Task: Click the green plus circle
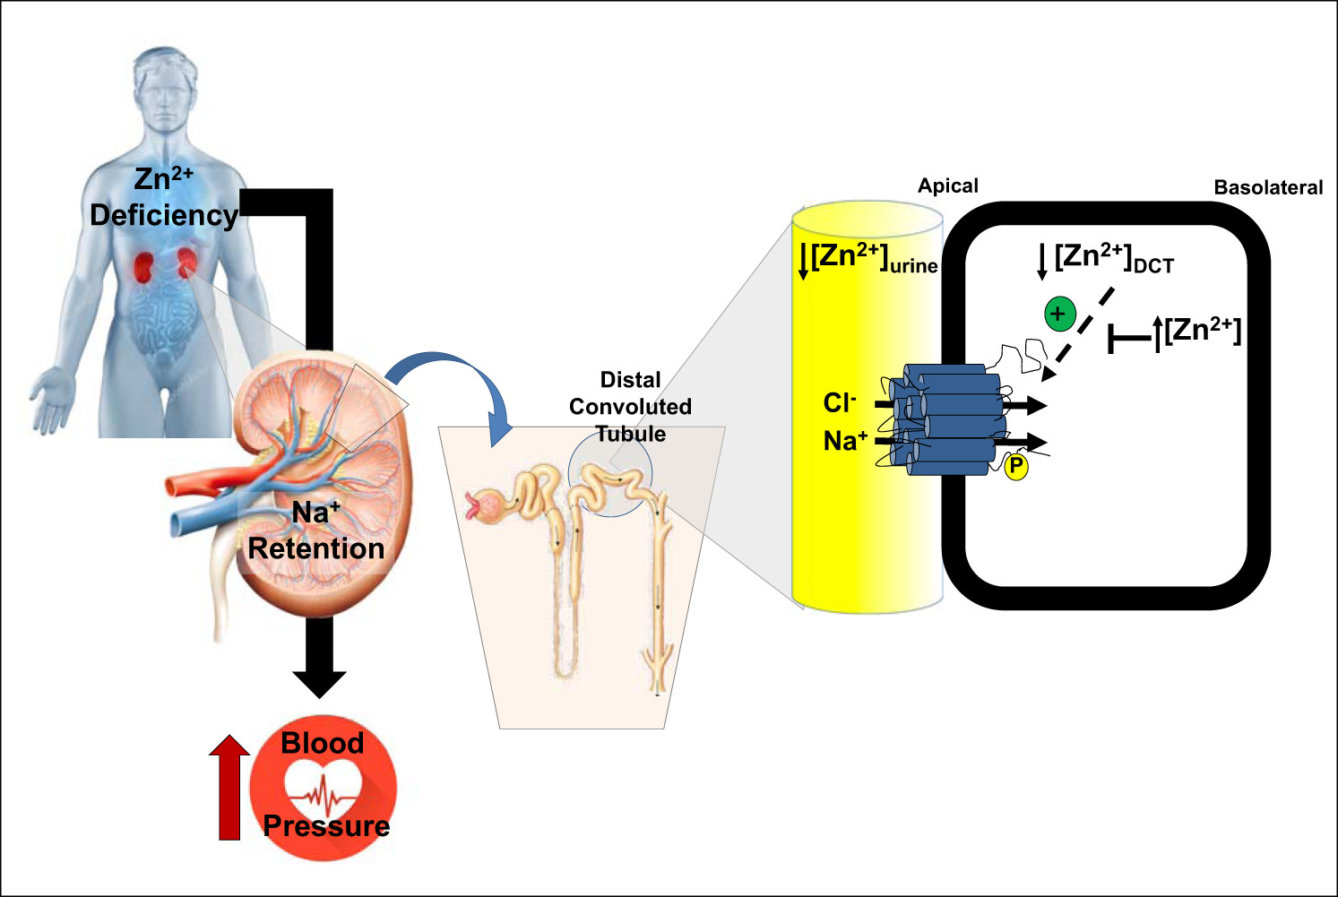(1059, 315)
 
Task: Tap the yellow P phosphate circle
(1016, 466)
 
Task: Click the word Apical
(948, 186)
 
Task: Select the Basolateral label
(1268, 187)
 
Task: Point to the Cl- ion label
(840, 403)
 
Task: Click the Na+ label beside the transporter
(845, 441)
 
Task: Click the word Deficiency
(164, 216)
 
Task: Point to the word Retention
(316, 548)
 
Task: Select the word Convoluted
(630, 407)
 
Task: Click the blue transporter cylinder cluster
(950, 419)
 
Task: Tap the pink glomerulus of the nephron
(489, 508)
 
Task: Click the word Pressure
(326, 826)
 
